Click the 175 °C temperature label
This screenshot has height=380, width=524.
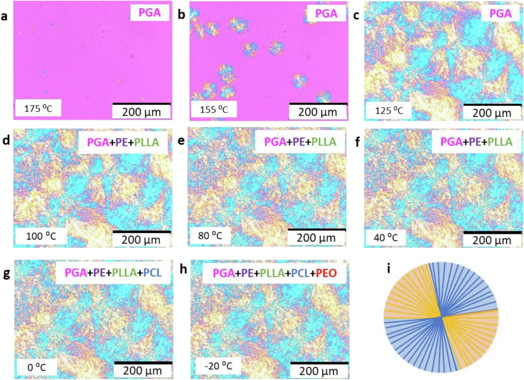(x=38, y=109)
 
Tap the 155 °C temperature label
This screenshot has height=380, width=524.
(x=214, y=110)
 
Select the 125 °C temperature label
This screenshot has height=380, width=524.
(x=389, y=111)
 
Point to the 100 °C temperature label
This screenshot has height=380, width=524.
(x=41, y=236)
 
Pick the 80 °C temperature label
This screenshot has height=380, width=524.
(x=210, y=236)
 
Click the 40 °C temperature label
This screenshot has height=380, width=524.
(x=385, y=237)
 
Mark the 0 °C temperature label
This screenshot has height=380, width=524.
(x=37, y=367)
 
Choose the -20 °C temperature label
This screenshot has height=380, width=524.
(x=218, y=366)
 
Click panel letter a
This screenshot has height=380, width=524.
(x=4, y=16)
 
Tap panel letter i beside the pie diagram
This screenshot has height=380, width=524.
(x=389, y=269)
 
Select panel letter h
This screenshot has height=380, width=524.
(x=183, y=269)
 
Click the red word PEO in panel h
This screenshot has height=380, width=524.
(x=326, y=273)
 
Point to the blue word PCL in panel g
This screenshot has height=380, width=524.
(x=152, y=272)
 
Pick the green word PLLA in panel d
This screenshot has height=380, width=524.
(x=146, y=142)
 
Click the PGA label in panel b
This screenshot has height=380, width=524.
(x=326, y=13)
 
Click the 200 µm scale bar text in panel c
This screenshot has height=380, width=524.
(x=492, y=113)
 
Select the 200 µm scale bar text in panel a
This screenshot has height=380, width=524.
(x=141, y=112)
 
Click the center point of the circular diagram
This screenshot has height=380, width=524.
(x=441, y=317)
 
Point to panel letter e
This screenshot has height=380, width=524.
(x=181, y=141)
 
